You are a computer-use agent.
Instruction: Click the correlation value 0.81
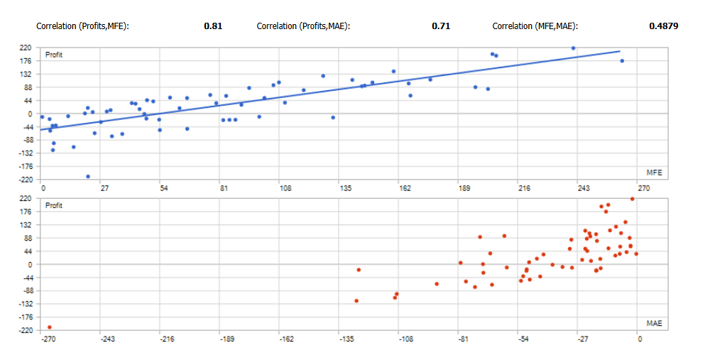[x=213, y=26]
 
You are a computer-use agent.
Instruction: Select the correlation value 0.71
[x=441, y=26]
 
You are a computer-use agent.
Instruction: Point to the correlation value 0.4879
[x=663, y=26]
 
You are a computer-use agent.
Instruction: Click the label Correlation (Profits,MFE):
[x=82, y=26]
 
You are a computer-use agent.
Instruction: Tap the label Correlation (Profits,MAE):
[x=303, y=26]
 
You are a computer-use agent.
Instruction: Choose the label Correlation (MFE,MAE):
[x=535, y=26]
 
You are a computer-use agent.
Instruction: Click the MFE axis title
[x=654, y=173]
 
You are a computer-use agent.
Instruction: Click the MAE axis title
[x=654, y=323]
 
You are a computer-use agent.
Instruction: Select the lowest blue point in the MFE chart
[x=88, y=176]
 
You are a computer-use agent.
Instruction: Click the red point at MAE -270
[x=50, y=327]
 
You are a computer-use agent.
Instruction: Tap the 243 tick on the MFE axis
[x=584, y=189]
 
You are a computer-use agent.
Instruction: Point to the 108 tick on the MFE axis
[x=285, y=189]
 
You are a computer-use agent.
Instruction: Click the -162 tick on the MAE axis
[x=285, y=339]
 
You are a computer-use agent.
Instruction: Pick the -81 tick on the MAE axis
[x=461, y=339]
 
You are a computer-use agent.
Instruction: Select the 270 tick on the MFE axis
[x=643, y=189]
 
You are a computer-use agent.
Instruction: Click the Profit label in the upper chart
[x=54, y=55]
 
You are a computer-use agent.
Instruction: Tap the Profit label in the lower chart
[x=54, y=205]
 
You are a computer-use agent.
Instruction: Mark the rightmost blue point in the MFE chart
[x=622, y=61]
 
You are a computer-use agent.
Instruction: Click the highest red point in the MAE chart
[x=632, y=199]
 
